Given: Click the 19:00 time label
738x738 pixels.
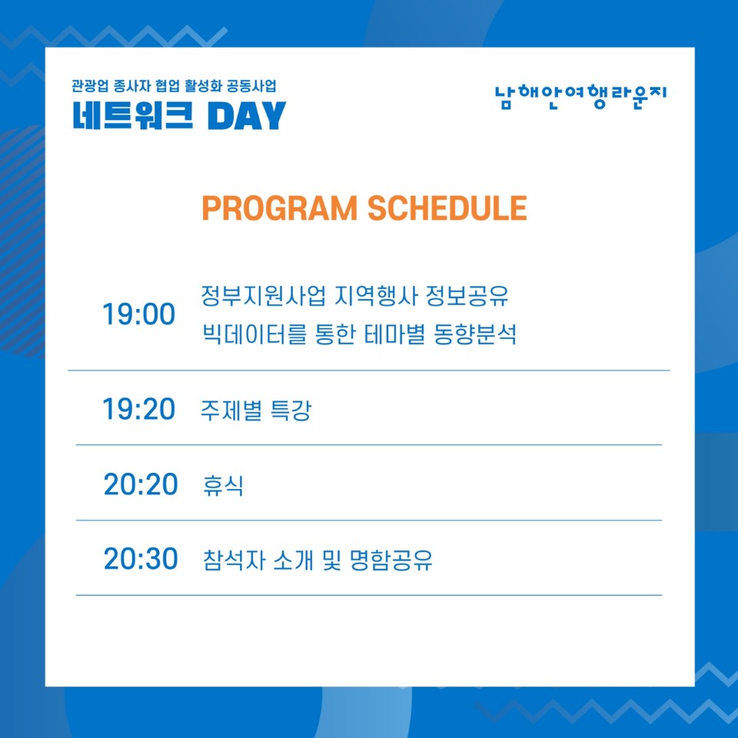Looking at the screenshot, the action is (x=139, y=314).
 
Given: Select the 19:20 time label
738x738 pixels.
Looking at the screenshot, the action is (x=139, y=408).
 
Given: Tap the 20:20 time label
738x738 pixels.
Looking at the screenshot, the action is (x=140, y=484).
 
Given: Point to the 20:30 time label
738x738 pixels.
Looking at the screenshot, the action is (x=140, y=559).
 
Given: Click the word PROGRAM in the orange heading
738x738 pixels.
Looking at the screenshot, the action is (x=280, y=208).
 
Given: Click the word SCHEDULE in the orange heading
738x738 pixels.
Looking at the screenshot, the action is (x=447, y=208).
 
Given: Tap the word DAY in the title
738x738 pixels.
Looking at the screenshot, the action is (x=247, y=115).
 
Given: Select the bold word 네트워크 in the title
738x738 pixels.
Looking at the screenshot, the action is (x=133, y=115).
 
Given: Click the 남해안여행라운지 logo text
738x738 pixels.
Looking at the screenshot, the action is (x=581, y=97).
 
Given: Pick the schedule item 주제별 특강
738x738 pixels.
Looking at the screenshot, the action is (x=256, y=410).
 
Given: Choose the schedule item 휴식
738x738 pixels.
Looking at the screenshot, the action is (x=223, y=485).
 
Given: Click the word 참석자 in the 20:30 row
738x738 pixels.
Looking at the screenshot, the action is (x=234, y=560).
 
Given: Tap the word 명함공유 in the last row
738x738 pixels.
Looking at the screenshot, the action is (x=391, y=560).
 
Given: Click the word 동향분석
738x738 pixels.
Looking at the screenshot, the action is (x=475, y=334).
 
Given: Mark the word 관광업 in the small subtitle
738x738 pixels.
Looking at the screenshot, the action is (x=90, y=86).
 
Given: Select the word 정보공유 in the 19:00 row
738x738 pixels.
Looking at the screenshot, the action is (x=467, y=295).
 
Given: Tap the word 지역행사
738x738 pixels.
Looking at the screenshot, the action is (x=376, y=295).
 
